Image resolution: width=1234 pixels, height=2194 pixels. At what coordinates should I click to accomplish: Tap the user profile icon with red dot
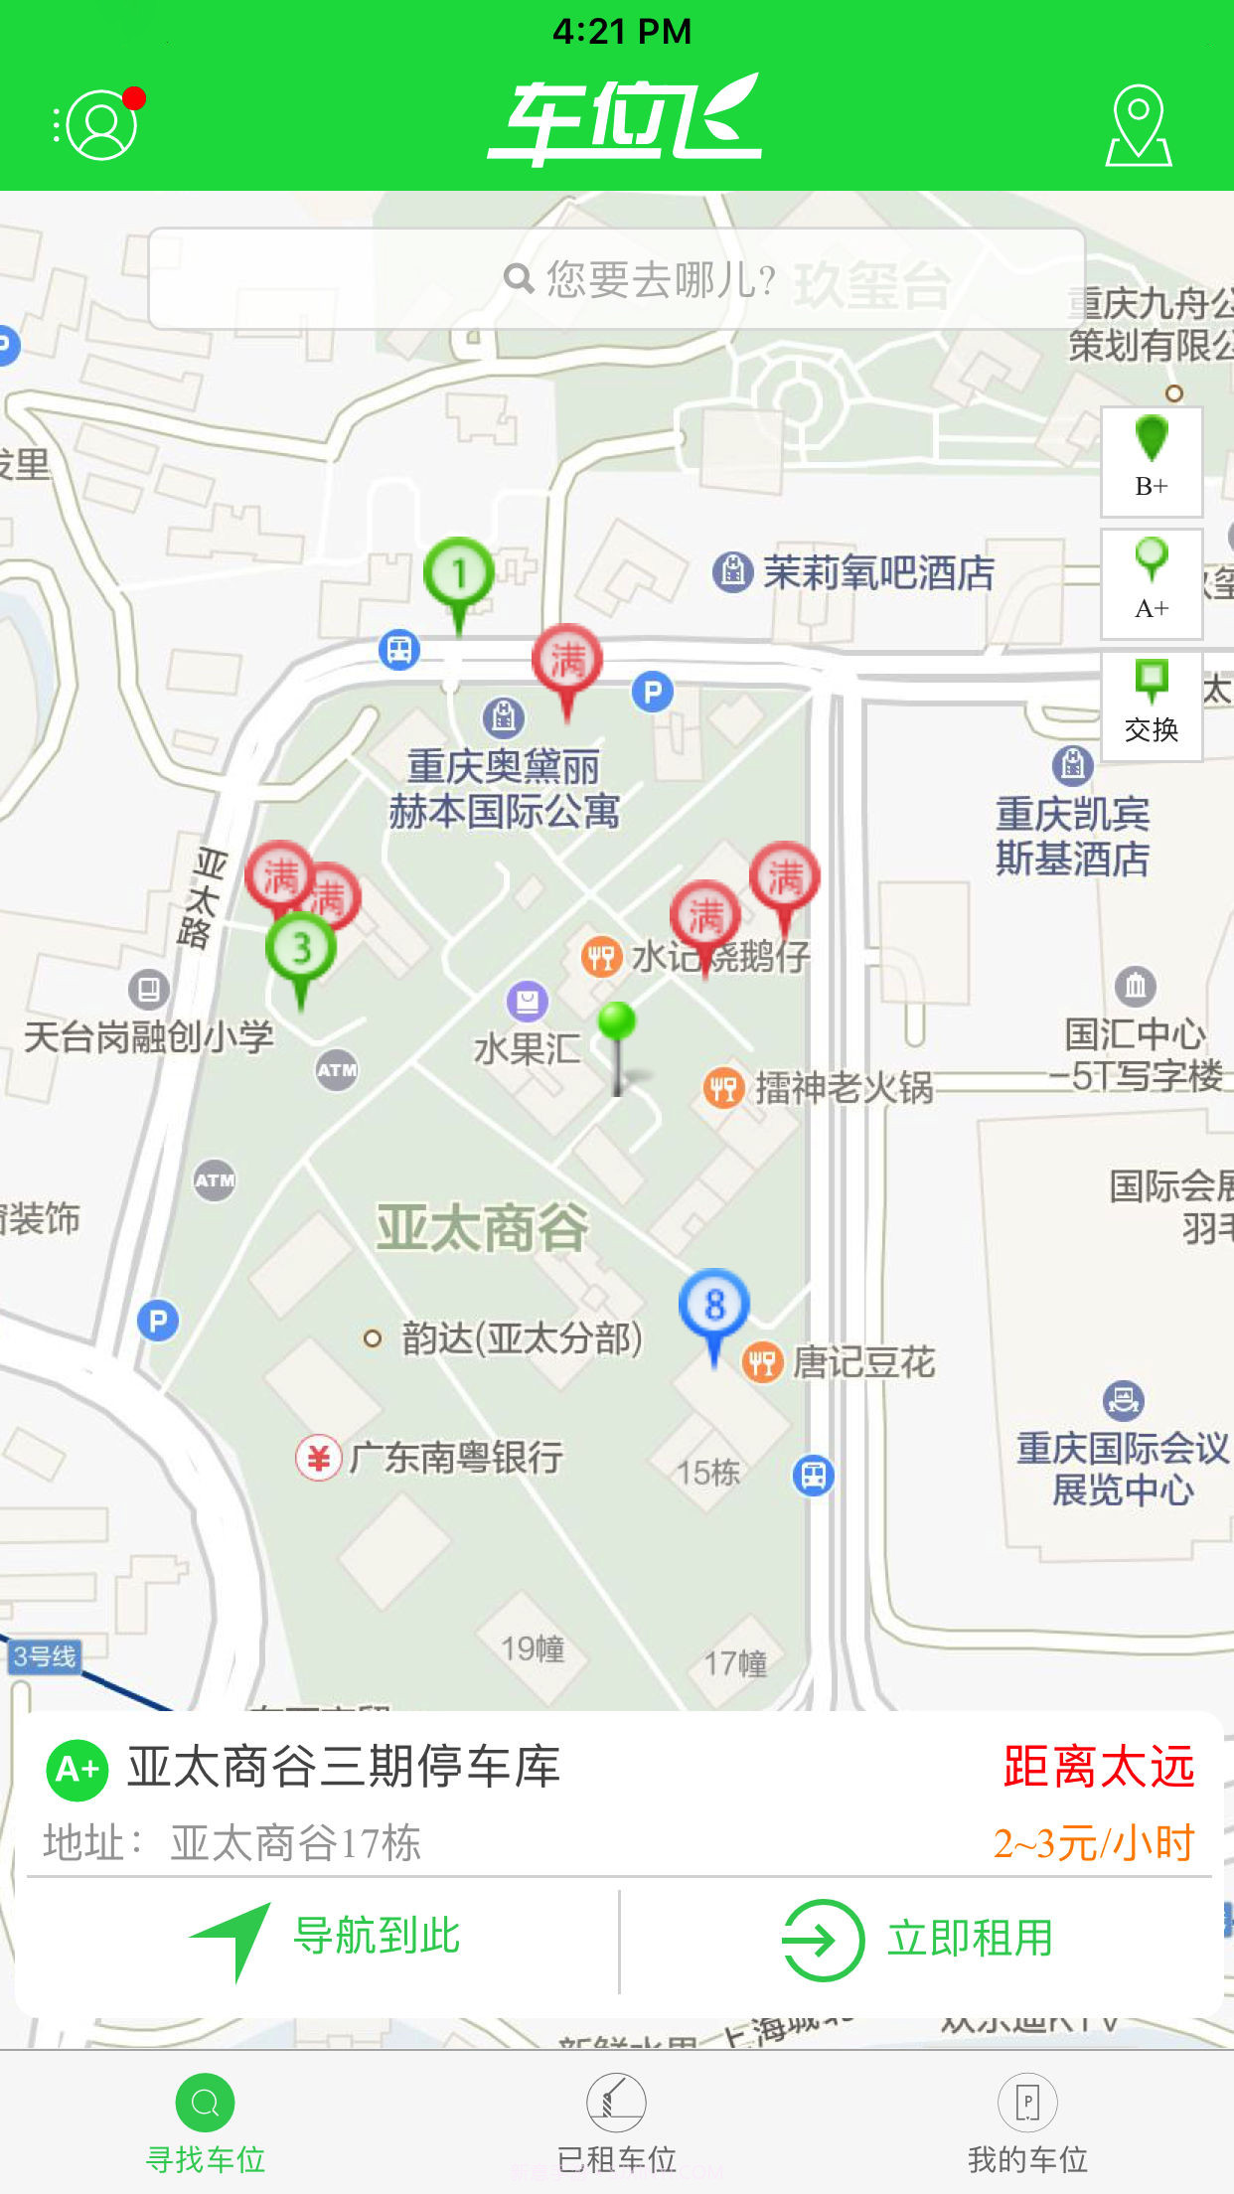click(100, 124)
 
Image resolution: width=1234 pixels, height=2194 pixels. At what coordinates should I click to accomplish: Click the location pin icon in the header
click(1139, 125)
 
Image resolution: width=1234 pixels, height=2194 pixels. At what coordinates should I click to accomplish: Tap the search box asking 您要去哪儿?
click(616, 279)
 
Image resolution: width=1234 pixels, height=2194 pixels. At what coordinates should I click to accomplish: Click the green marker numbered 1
click(458, 574)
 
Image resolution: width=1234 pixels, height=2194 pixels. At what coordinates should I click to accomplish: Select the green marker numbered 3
click(301, 949)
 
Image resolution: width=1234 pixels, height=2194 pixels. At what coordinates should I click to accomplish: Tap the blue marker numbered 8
click(713, 1305)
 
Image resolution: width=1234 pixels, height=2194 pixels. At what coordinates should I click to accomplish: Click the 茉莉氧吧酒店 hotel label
click(877, 572)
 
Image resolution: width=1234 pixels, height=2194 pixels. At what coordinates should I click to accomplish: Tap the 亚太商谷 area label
click(482, 1227)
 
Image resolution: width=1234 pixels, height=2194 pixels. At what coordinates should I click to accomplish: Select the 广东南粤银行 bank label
click(455, 1458)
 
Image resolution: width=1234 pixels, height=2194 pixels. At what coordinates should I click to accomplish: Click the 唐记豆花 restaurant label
click(862, 1362)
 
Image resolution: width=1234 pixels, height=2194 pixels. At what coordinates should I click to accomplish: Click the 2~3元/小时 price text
click(1093, 1843)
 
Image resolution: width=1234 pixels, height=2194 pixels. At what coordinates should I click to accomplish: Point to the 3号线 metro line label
click(44, 1656)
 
